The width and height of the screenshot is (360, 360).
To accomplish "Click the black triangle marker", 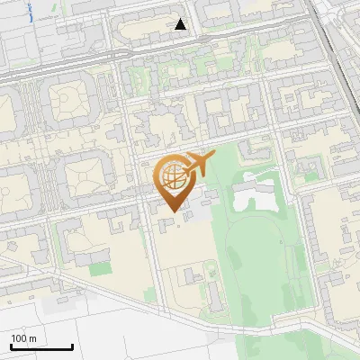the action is (x=181, y=24).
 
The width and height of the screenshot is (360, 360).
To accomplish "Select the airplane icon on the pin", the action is (x=197, y=165).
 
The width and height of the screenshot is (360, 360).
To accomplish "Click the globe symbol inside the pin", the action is (x=172, y=177).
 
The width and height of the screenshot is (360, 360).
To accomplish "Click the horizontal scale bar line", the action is (x=41, y=346).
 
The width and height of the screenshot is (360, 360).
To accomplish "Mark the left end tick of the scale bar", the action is (x=11, y=346).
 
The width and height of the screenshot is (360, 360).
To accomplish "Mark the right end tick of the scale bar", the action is (x=72, y=346).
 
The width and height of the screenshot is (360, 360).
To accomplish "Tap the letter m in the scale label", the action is (x=32, y=337).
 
